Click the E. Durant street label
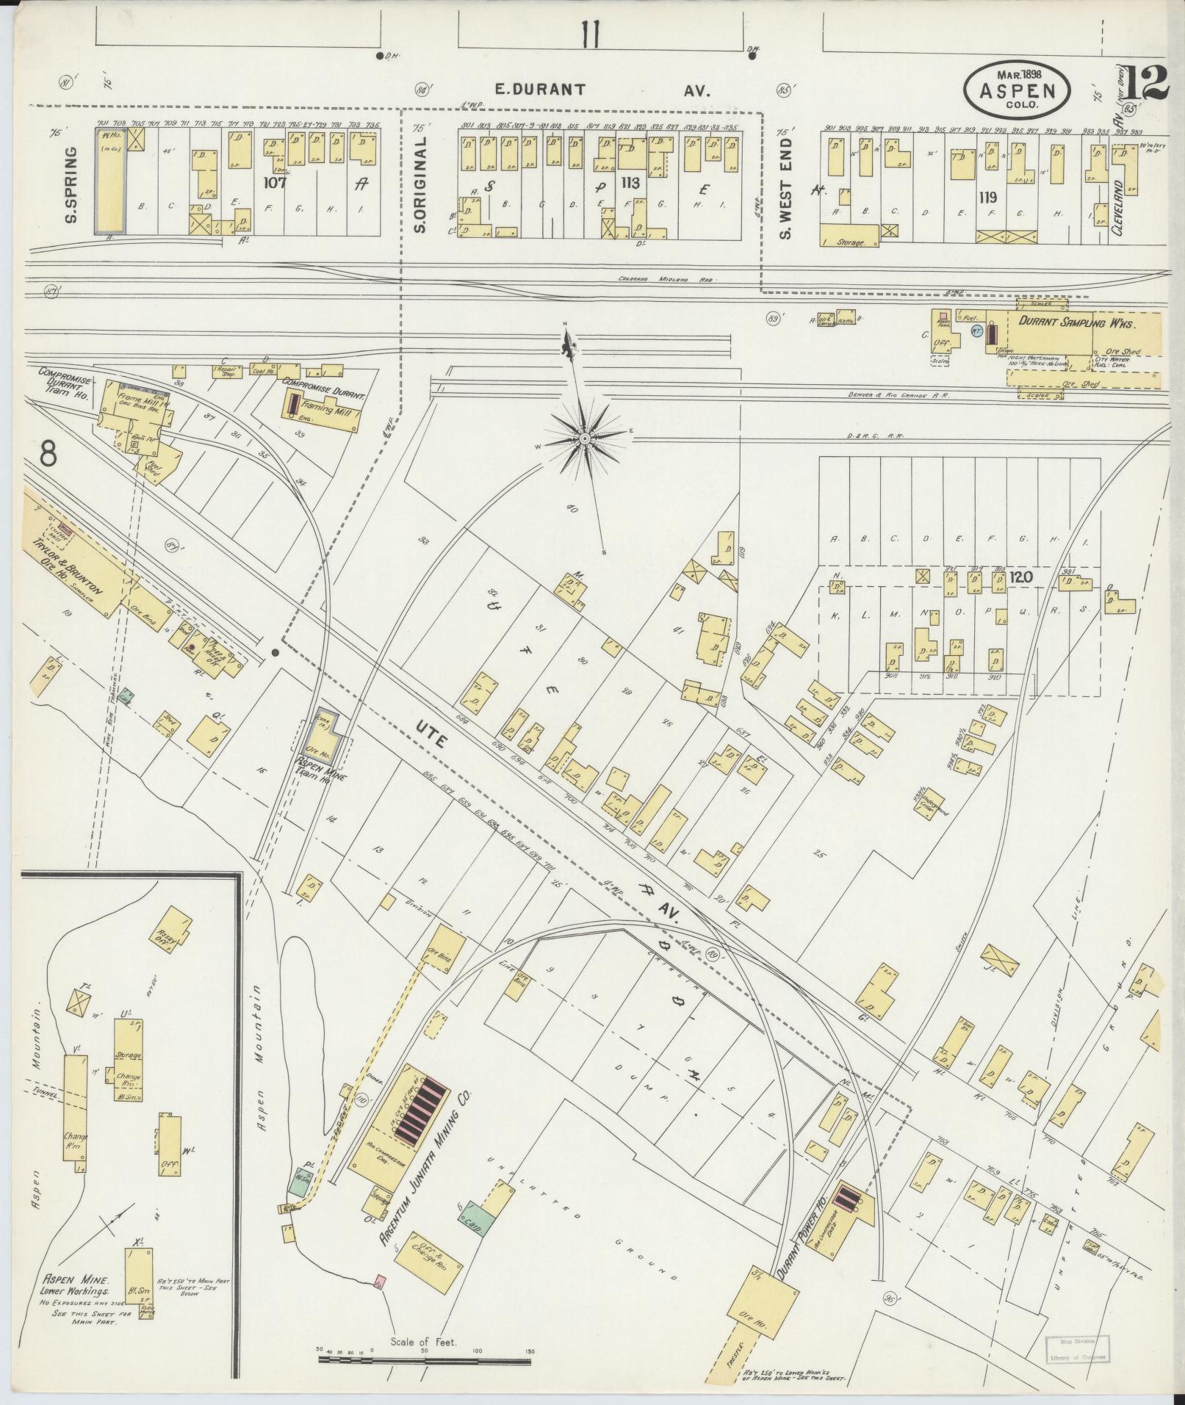[539, 90]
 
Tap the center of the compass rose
[584, 438]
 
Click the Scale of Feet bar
[425, 1359]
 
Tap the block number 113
[630, 182]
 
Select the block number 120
[1020, 577]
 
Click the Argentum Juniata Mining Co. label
[425, 1163]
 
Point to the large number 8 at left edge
[48, 455]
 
